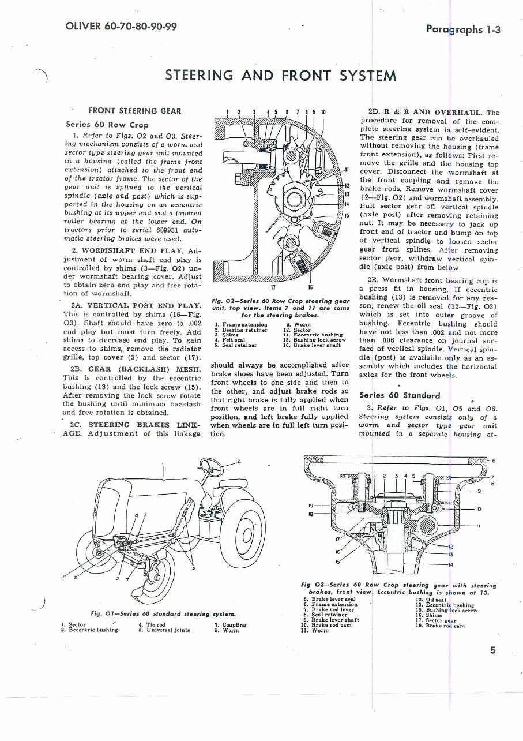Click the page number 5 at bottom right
coord(493,650)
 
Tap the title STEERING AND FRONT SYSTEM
coord(280,76)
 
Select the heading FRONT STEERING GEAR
coord(134,111)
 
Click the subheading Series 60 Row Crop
coord(107,124)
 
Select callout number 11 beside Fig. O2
coord(347,169)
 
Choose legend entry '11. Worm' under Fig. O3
coord(316,631)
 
